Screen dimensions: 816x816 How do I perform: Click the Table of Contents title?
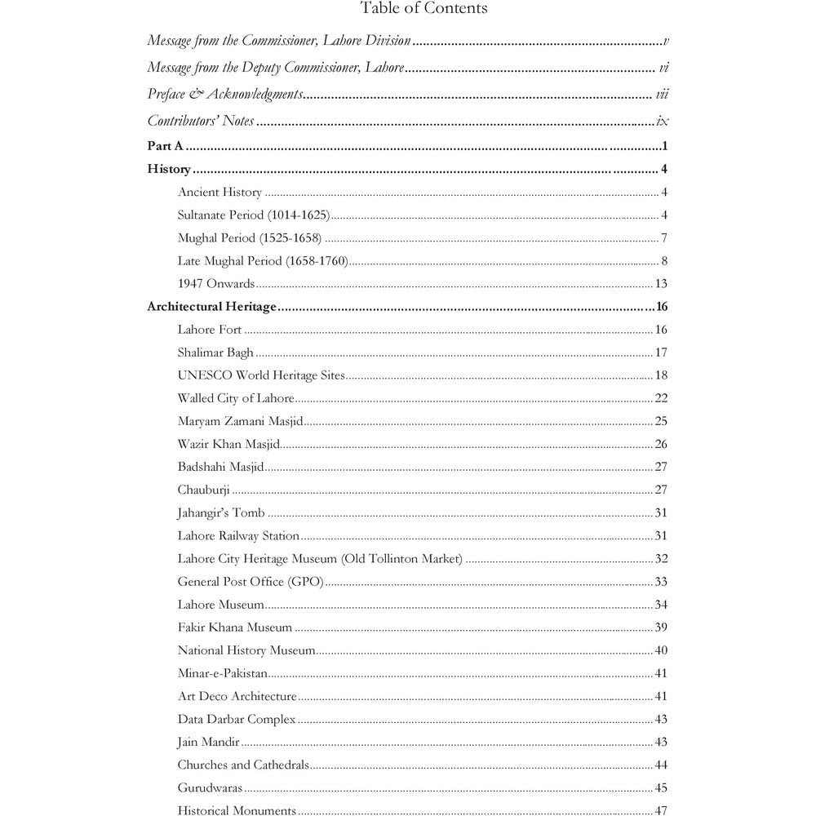(x=424, y=9)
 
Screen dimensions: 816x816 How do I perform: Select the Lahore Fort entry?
(x=210, y=330)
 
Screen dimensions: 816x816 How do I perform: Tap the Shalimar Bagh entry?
(x=215, y=353)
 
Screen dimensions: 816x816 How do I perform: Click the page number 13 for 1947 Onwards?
(x=661, y=284)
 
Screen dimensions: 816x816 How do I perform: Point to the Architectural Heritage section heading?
(x=212, y=308)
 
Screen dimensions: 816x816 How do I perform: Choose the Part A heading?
(x=165, y=147)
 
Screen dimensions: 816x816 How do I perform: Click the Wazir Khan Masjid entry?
(x=228, y=445)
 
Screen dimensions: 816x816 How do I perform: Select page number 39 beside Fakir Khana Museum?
(x=661, y=628)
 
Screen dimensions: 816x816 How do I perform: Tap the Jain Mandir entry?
(x=208, y=743)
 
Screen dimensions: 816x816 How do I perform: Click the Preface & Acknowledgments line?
(x=224, y=95)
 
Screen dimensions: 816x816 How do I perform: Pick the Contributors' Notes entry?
(x=200, y=122)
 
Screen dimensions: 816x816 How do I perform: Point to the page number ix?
(x=663, y=122)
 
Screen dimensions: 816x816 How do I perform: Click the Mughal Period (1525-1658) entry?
(x=249, y=238)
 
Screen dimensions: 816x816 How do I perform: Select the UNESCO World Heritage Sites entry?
(x=261, y=376)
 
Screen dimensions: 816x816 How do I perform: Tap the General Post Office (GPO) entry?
(x=251, y=582)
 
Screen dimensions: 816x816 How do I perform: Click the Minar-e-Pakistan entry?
(x=222, y=674)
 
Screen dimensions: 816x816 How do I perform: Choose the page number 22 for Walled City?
(x=661, y=399)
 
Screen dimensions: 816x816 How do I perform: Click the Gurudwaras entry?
(x=210, y=788)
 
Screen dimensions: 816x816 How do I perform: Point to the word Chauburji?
(x=203, y=490)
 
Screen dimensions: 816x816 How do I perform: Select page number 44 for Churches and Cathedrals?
(x=661, y=765)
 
